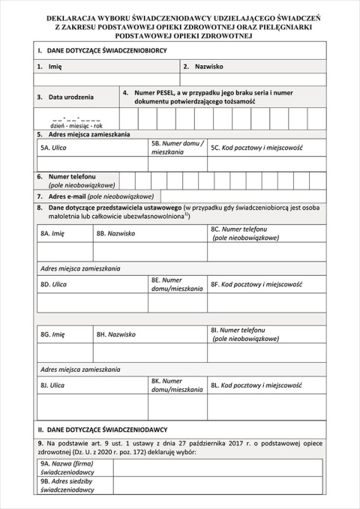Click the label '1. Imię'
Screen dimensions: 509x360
[x=49, y=67]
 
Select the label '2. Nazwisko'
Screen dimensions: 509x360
[x=203, y=67]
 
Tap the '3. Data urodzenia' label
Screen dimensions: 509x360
[x=66, y=97]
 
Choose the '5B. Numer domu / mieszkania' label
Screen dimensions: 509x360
[x=177, y=147]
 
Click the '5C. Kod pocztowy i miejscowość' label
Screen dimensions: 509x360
[x=256, y=148]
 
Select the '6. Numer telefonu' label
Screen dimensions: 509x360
[x=76, y=180]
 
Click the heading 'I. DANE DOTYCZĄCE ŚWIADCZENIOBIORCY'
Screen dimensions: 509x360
[x=102, y=49]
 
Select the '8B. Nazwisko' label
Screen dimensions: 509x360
[x=115, y=234]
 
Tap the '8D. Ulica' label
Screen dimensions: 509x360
[x=53, y=285]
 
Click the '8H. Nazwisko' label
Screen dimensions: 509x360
[x=115, y=334]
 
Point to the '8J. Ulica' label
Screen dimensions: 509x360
[x=52, y=385]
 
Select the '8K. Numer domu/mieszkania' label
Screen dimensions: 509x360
[x=176, y=385]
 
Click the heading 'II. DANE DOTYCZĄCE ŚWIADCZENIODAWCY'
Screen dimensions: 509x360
[x=102, y=430]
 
